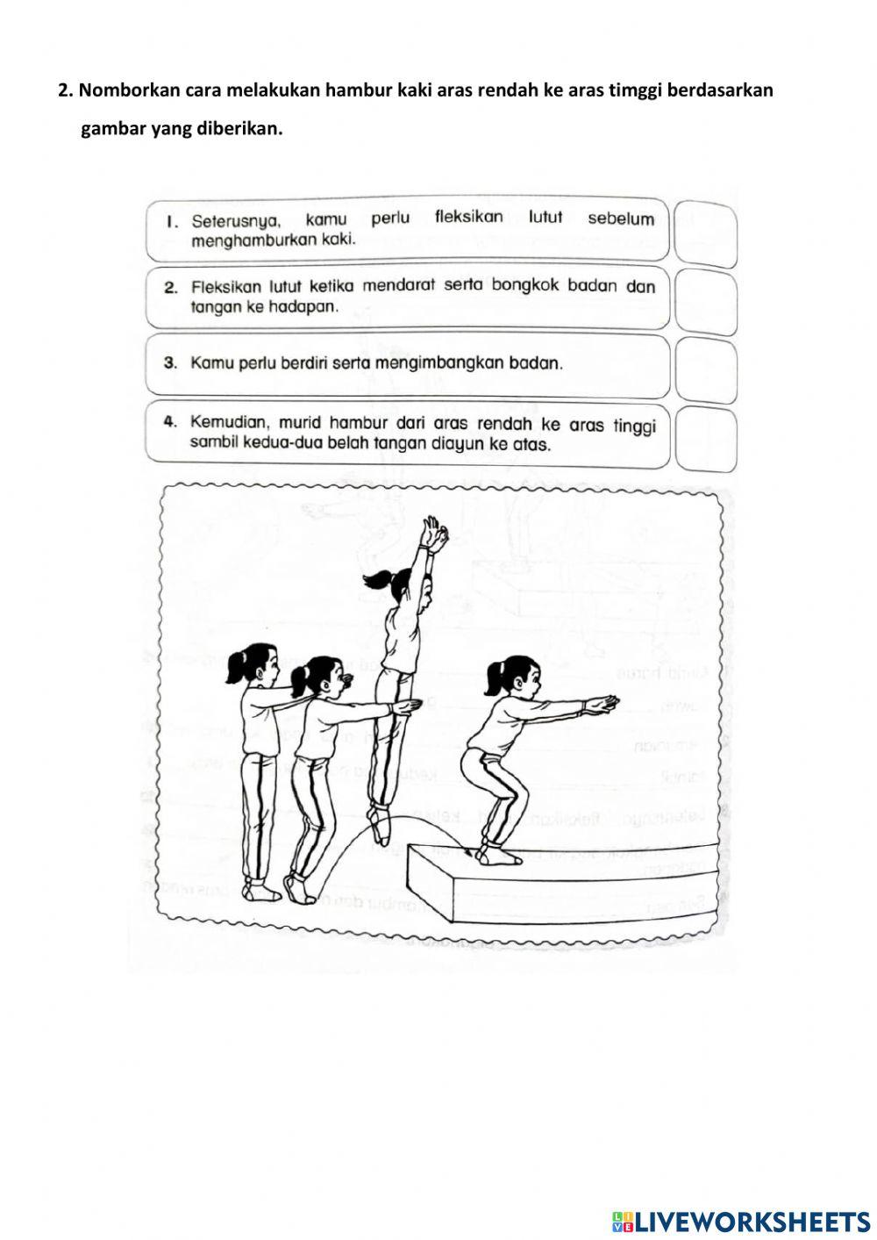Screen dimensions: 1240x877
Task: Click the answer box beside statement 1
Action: pyautogui.click(x=706, y=233)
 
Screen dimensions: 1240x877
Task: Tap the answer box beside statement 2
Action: pyautogui.click(x=706, y=300)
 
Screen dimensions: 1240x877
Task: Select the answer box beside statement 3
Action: pyautogui.click(x=706, y=369)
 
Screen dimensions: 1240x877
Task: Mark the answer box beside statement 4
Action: pyautogui.click(x=706, y=436)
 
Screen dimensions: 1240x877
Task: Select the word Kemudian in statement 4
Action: pyautogui.click(x=230, y=422)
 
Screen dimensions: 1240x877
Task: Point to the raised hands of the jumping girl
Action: pyautogui.click(x=431, y=534)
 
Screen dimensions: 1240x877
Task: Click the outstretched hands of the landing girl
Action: pyautogui.click(x=602, y=704)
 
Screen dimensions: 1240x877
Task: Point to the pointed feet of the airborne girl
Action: pyautogui.click(x=381, y=825)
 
